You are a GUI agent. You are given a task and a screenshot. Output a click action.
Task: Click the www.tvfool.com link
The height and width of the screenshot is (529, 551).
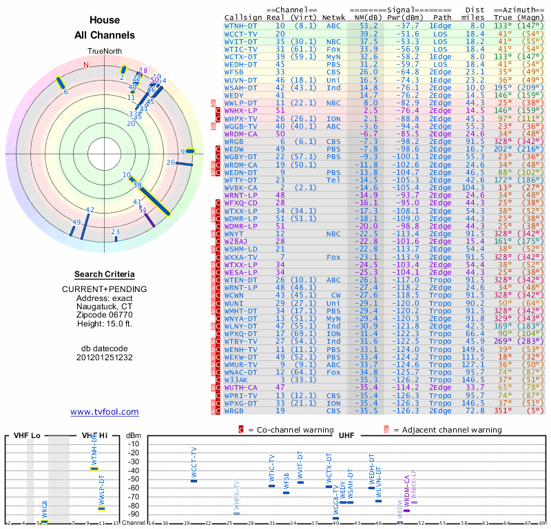tap(105, 412)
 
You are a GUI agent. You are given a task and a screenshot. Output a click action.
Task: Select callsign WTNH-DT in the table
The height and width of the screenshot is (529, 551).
tap(241, 25)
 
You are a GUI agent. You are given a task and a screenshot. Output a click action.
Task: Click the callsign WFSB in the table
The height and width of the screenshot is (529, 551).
tap(236, 72)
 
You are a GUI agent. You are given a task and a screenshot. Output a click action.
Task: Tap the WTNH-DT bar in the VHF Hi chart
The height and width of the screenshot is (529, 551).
tap(94, 468)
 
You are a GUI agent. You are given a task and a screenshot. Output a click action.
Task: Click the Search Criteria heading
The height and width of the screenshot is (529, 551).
tap(105, 274)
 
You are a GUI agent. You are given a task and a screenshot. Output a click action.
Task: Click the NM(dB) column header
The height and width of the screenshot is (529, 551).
tap(364, 17)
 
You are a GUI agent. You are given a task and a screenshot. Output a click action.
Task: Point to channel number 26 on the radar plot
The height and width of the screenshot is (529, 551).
tap(171, 162)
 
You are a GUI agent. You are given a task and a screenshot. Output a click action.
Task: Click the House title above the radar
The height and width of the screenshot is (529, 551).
tap(105, 21)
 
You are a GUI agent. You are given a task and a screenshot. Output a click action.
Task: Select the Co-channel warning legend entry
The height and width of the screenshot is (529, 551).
tap(290, 430)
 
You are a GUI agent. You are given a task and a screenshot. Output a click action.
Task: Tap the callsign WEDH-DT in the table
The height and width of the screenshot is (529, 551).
tap(241, 64)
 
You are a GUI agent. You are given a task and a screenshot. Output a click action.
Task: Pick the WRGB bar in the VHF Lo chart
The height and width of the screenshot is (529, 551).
tap(44, 521)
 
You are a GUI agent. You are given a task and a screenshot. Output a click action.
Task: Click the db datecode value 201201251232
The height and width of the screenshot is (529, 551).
tap(105, 357)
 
